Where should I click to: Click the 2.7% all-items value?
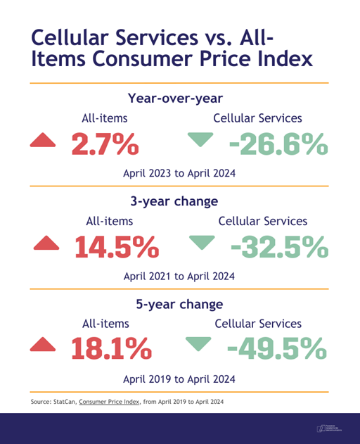tap(107, 144)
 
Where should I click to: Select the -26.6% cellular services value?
tap(279, 144)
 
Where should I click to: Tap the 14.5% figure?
tap(117, 246)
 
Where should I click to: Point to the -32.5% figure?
tap(279, 246)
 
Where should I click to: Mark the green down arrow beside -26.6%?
tap(202, 141)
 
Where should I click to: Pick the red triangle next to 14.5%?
tap(46, 243)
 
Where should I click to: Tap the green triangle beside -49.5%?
tap(199, 345)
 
